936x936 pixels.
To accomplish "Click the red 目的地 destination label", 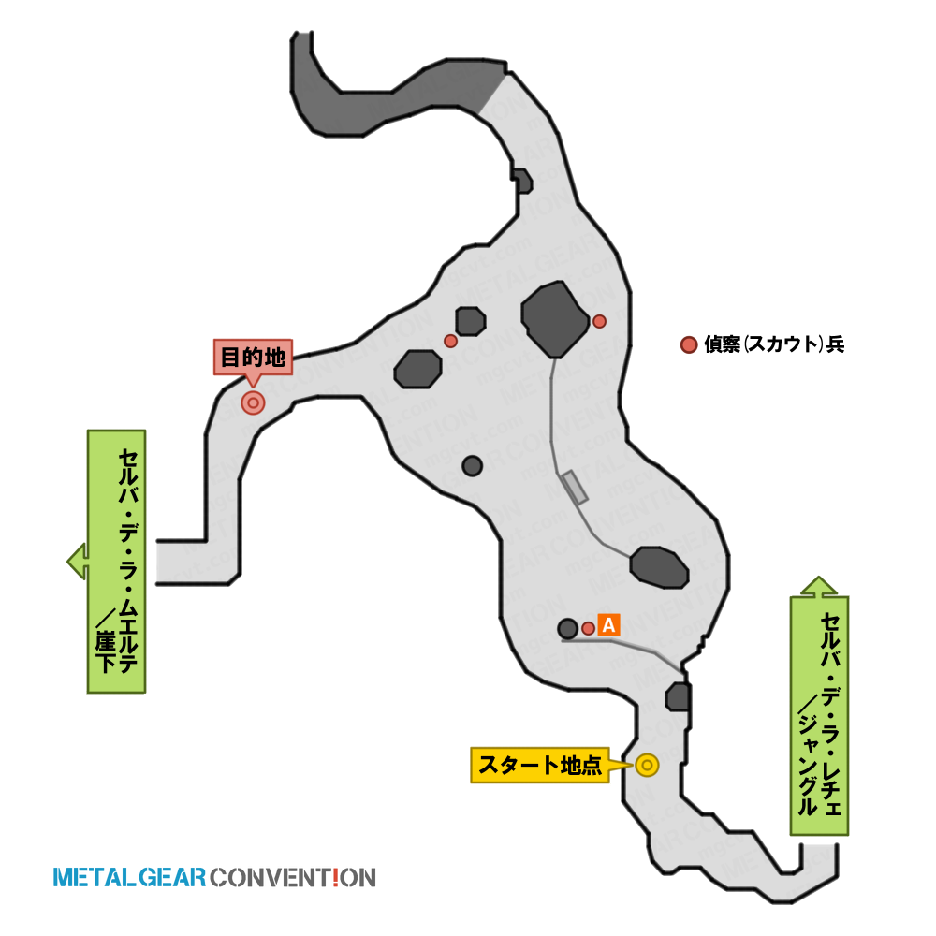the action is click(x=253, y=358).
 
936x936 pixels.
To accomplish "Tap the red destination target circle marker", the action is click(x=253, y=403).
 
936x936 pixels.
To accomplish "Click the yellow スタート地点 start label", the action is click(x=540, y=765).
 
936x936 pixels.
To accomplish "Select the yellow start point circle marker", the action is click(x=647, y=766).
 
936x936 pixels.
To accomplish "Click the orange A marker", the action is click(x=609, y=625).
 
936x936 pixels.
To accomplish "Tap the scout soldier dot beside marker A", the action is click(x=588, y=628).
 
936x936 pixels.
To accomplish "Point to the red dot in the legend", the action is click(x=689, y=344).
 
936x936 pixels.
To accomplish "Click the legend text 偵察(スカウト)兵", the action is click(x=774, y=344).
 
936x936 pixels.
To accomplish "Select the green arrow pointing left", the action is click(x=78, y=561).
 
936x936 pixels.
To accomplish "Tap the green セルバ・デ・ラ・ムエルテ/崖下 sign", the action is click(x=116, y=561).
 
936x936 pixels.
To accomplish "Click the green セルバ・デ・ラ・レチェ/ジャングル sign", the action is click(x=820, y=715).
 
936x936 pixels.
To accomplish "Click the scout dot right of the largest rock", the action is click(x=599, y=321).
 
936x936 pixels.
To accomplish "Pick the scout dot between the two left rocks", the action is click(x=451, y=341).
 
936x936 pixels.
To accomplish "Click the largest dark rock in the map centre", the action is click(x=554, y=319).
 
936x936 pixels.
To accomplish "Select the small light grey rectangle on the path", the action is click(x=576, y=487).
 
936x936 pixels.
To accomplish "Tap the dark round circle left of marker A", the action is click(x=568, y=628).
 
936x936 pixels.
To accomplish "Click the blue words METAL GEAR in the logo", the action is click(x=129, y=878).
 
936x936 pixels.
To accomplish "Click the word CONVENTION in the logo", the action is click(x=292, y=878).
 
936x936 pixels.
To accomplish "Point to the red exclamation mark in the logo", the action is click(x=335, y=878).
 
